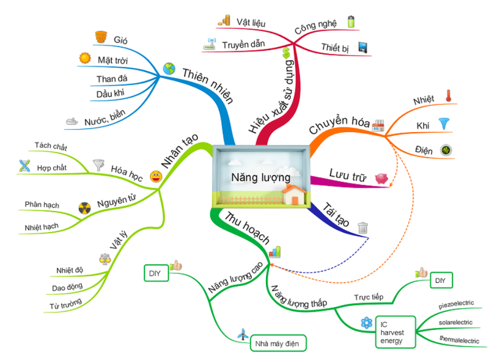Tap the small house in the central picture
[294, 196]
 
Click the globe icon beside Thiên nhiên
[169, 68]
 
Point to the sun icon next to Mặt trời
[84, 59]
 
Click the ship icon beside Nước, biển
[73, 121]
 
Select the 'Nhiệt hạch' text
[42, 227]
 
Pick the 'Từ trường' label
[65, 305]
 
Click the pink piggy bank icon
[383, 178]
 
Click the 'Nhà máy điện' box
[278, 343]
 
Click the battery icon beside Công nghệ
[350, 22]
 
